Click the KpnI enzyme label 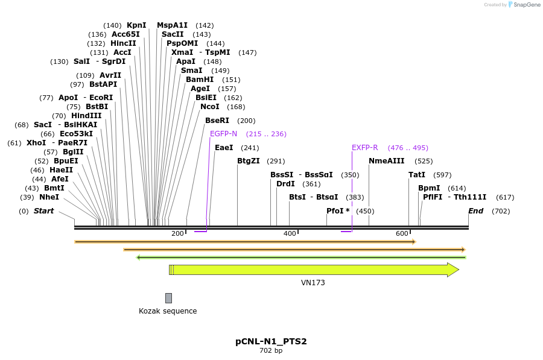click(136, 25)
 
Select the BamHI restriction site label click(200, 80)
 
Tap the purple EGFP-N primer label click(223, 134)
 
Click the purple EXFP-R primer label click(364, 148)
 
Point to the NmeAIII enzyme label click(387, 161)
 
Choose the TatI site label click(417, 175)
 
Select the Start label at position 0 click(43, 211)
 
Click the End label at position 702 click(475, 211)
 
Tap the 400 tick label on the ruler click(290, 234)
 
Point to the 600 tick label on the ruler click(402, 234)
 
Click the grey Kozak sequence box click(168, 298)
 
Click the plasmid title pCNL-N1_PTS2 click(271, 341)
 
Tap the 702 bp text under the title click(271, 351)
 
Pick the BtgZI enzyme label click(248, 161)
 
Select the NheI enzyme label click(49, 197)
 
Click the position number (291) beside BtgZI click(276, 161)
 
